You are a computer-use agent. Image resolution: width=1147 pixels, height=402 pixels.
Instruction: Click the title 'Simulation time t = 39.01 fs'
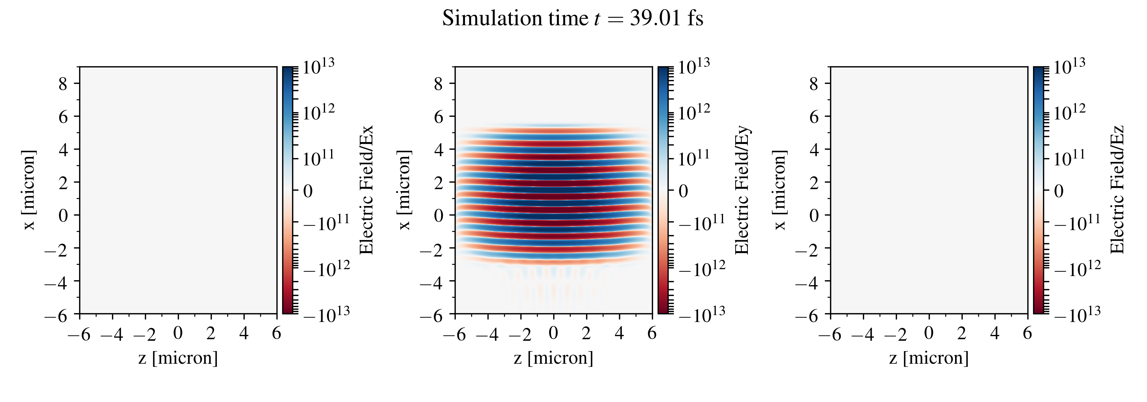[573, 19]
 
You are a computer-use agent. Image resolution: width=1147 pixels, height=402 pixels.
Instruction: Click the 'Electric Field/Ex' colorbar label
[366, 190]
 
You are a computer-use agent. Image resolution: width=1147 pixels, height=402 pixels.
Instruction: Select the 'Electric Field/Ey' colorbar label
[742, 190]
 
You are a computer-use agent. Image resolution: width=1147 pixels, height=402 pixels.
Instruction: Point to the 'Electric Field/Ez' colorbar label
[1117, 190]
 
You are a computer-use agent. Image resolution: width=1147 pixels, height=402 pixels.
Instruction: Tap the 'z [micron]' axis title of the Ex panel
[178, 358]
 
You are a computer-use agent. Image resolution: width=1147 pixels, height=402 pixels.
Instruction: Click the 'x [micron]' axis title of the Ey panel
[404, 190]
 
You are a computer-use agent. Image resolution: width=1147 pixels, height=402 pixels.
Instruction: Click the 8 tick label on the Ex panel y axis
[63, 83]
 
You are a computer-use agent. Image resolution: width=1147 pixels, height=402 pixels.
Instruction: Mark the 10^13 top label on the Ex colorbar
[318, 67]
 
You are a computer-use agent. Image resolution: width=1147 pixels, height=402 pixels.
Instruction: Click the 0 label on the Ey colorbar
[684, 191]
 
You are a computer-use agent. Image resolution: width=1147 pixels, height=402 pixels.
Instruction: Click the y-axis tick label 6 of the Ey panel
[438, 117]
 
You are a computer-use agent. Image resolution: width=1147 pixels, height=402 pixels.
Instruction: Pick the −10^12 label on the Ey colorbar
[702, 268]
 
